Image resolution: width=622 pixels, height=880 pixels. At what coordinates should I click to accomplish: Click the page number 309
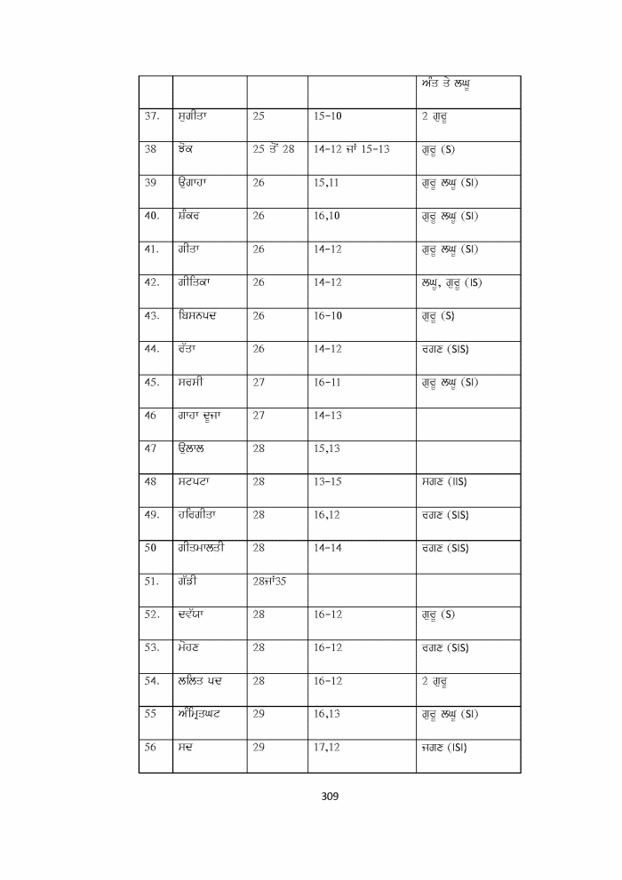point(330,796)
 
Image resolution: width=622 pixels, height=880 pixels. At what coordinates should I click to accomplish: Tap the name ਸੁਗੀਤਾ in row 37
point(193,115)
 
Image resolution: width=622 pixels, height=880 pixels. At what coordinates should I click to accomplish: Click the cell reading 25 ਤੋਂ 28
point(274,148)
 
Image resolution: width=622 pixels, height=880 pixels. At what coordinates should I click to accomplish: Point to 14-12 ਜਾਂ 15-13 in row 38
point(352,148)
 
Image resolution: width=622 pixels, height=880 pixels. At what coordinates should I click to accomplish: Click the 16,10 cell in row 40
point(328,215)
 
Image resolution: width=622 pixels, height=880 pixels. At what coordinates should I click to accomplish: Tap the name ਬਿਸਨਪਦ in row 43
point(197,315)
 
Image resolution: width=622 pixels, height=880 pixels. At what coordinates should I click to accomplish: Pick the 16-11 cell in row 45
point(328,382)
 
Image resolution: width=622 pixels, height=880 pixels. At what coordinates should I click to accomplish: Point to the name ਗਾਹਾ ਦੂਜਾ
point(198,415)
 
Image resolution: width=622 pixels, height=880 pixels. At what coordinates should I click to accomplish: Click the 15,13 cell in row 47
point(326,448)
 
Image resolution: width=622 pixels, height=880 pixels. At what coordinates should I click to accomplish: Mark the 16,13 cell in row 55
point(326,714)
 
